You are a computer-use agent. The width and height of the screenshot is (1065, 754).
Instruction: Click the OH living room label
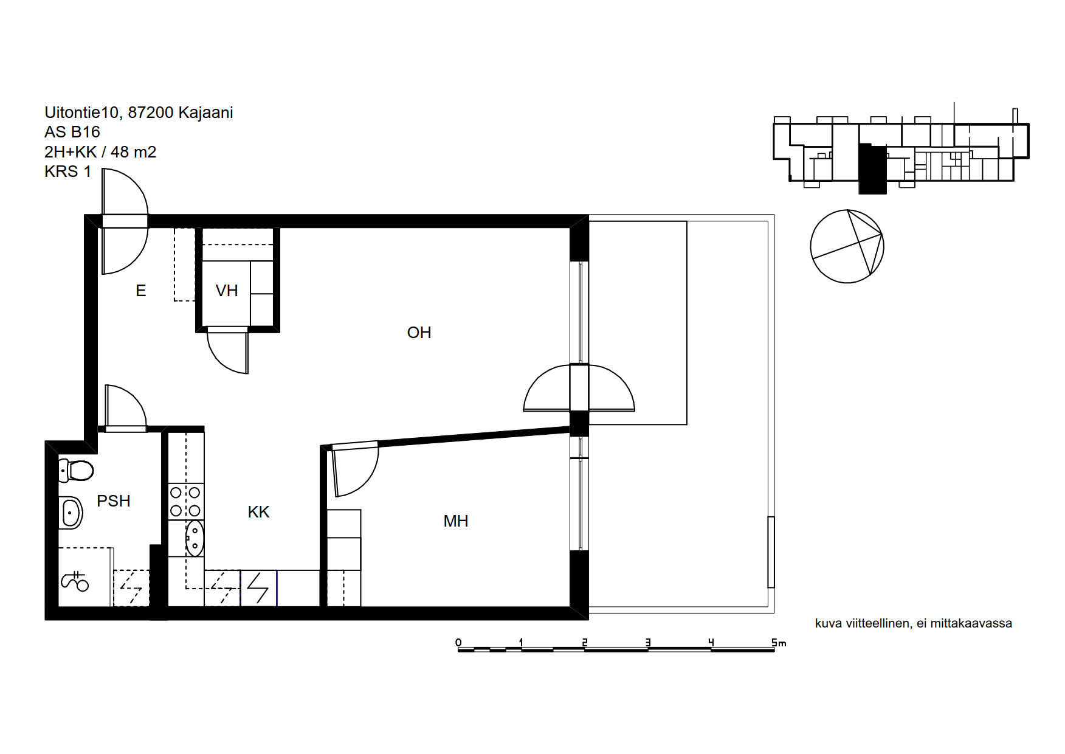pos(419,333)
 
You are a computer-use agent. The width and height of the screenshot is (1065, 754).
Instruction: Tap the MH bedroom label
pos(456,521)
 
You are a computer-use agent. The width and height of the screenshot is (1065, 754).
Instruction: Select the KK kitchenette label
pos(258,512)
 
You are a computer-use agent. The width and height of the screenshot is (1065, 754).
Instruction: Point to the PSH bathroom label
pos(114,501)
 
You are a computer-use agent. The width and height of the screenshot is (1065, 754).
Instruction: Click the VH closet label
pos(227,291)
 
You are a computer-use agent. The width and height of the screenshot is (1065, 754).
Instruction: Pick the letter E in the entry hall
pos(141,291)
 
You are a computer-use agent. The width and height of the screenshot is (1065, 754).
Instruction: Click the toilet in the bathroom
pos(76,471)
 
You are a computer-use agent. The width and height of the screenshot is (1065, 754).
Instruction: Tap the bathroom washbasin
pos(71,513)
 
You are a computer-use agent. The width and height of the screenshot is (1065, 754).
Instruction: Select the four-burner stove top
pos(186,501)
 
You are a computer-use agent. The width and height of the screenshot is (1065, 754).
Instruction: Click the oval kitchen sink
pos(195,538)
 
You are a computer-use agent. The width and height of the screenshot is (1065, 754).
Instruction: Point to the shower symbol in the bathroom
pos(75,581)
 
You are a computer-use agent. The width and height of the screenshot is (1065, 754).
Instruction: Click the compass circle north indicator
pos(847,246)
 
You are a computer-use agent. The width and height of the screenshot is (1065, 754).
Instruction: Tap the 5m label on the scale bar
pos(779,643)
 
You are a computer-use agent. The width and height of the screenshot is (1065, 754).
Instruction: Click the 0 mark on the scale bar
pos(458,643)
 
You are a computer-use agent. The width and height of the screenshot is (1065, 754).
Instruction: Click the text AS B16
pos(72,132)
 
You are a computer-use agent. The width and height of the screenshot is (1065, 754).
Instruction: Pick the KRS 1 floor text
pos(67,171)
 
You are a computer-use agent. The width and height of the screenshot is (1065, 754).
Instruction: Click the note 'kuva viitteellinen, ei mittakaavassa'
pos(913,623)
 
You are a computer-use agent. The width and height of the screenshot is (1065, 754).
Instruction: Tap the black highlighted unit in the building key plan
pos(872,169)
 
